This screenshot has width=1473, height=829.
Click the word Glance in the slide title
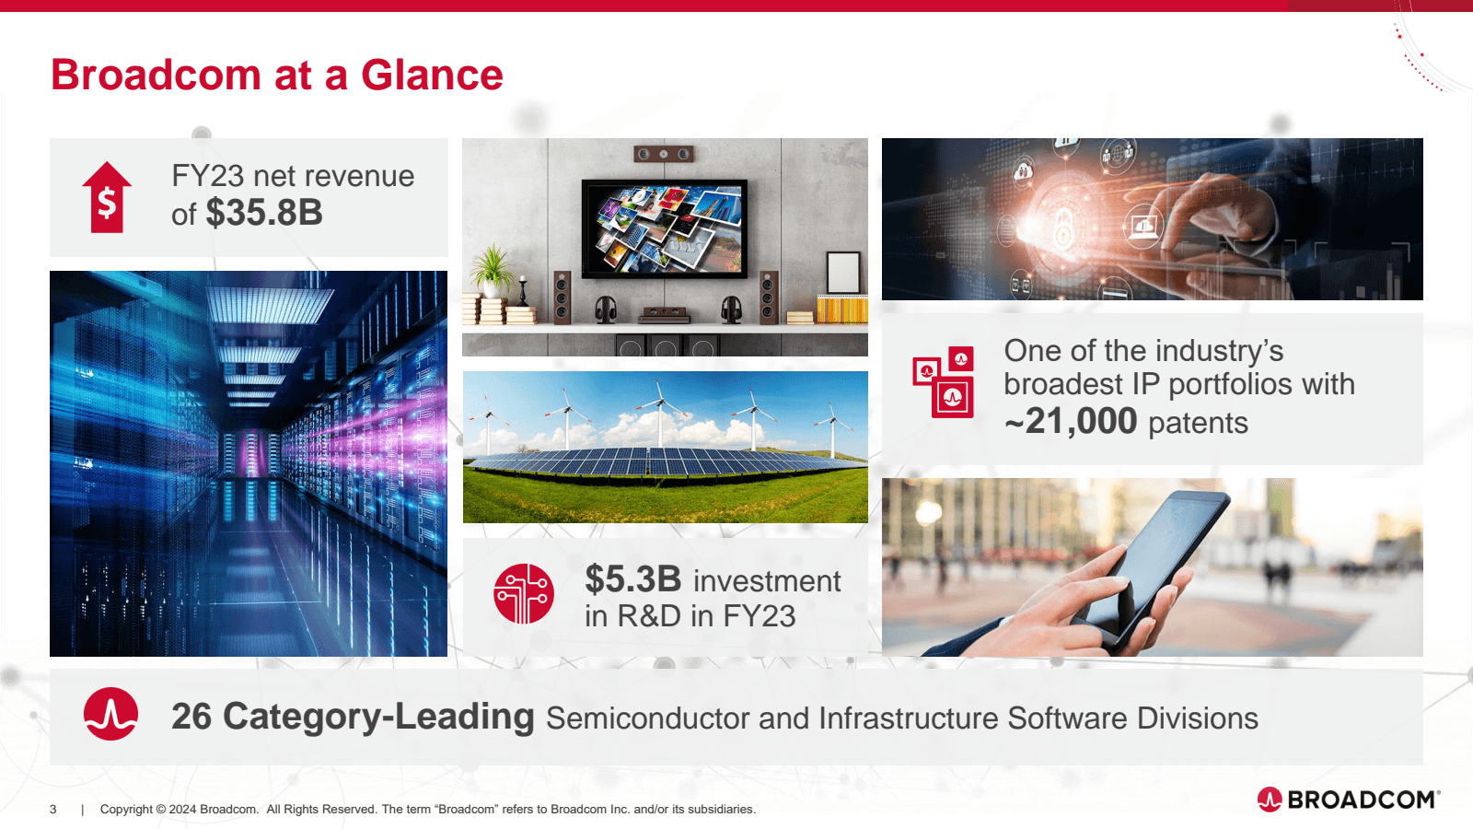tap(432, 76)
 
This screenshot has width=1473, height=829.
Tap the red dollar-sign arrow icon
tap(107, 197)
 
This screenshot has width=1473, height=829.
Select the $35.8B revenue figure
tap(264, 214)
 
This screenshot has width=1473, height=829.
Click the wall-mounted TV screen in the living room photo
tap(664, 227)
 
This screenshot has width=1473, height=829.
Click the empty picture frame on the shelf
tap(842, 274)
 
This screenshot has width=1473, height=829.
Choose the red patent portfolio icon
tap(944, 382)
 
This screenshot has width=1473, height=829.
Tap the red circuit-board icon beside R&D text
tap(524, 594)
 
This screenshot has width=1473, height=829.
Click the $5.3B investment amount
tap(633, 580)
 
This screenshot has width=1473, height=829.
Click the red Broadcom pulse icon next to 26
tap(111, 714)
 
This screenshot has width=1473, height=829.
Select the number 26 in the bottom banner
tap(191, 717)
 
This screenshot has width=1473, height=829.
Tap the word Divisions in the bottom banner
tap(1197, 718)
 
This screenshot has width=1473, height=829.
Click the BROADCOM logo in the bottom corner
tap(1349, 799)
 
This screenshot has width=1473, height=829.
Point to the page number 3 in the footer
tap(53, 810)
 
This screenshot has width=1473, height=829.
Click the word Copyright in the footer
tap(126, 810)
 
